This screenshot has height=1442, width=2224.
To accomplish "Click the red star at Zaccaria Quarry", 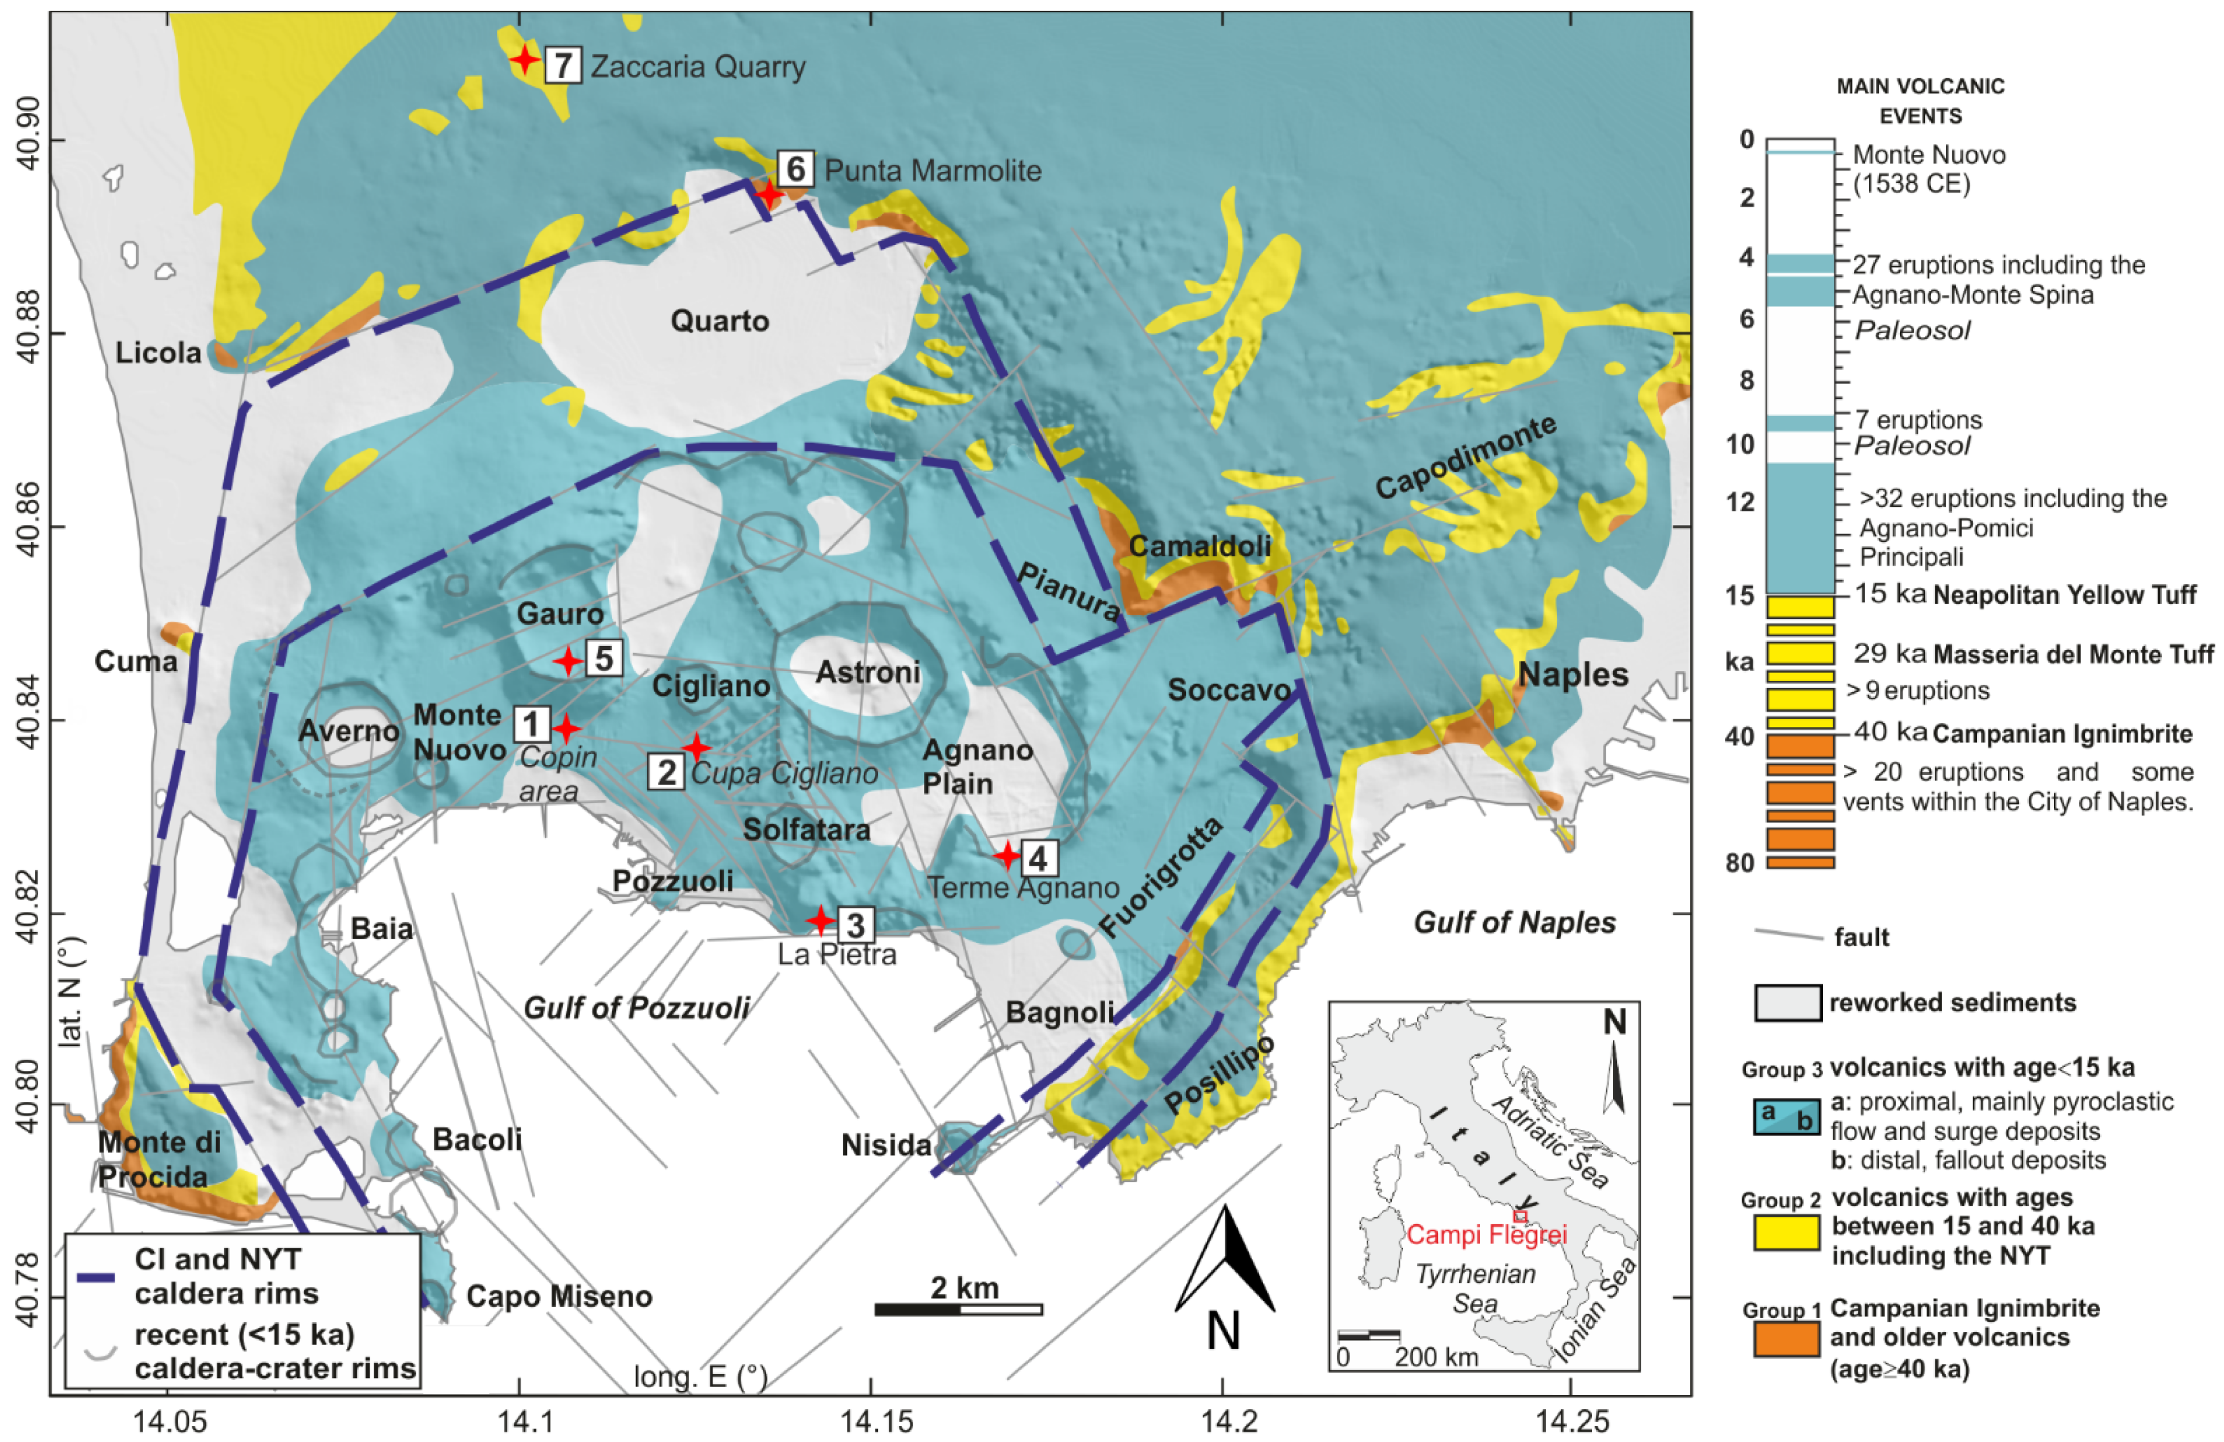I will tap(525, 60).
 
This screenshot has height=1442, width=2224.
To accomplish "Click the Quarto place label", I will tap(719, 321).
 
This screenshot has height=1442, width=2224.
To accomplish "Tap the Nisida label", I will tap(886, 1145).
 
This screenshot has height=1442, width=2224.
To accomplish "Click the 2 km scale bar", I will tap(959, 1309).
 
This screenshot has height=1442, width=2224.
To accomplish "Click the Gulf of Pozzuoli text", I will tap(637, 1007).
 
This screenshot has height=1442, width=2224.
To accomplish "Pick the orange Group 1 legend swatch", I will tap(1786, 1338).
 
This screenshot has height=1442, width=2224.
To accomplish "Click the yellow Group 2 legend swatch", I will tap(1786, 1232).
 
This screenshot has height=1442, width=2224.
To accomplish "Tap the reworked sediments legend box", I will tap(1787, 1003).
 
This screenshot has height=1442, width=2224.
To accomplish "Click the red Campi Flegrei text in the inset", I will tap(1486, 1234).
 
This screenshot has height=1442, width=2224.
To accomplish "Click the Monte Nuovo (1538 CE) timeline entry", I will tap(1929, 168).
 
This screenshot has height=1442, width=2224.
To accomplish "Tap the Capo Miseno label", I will tap(559, 1296).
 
